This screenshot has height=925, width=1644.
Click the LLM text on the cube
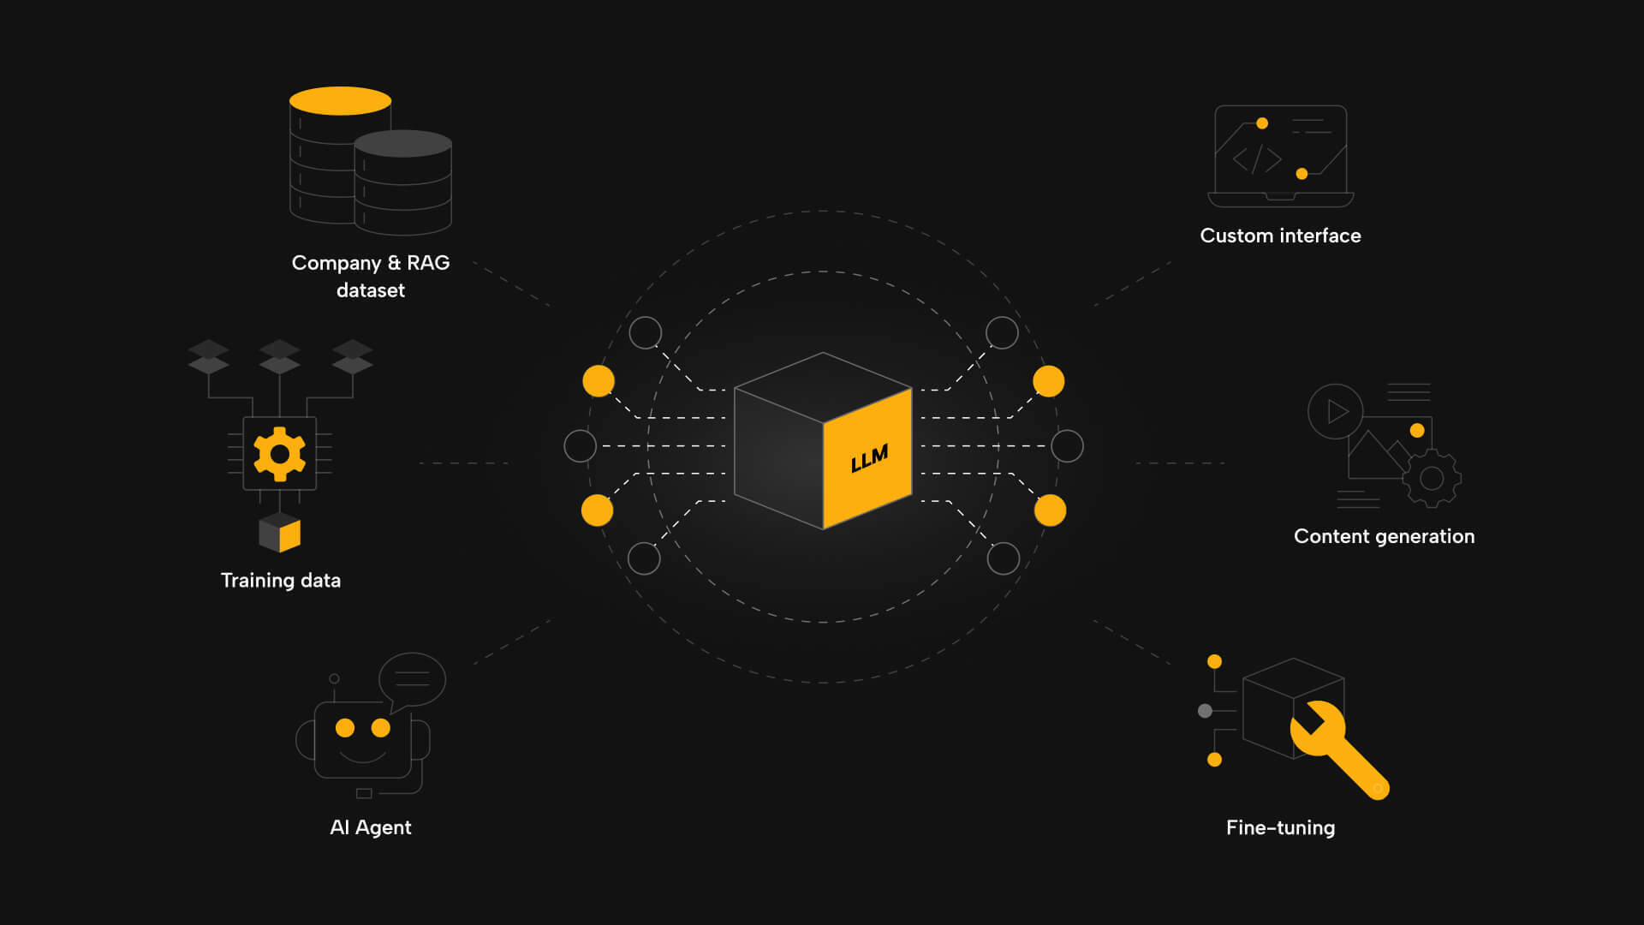[869, 459]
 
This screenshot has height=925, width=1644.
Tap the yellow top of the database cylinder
[340, 101]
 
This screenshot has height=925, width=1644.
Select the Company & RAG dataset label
[371, 276]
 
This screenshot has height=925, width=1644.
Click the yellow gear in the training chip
[279, 453]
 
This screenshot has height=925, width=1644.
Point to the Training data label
[281, 580]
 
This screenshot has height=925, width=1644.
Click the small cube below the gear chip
[280, 532]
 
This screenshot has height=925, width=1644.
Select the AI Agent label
[371, 827]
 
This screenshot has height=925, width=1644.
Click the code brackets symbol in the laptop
[1257, 159]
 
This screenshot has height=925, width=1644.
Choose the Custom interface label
[1280, 236]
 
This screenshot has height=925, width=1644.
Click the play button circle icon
[1335, 412]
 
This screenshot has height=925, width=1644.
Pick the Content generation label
[1384, 536]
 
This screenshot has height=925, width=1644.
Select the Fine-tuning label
[1280, 827]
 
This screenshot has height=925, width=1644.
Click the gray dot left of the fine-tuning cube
[1205, 711]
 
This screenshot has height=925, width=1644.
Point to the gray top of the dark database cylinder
[402, 144]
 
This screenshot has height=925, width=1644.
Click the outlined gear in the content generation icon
[1432, 478]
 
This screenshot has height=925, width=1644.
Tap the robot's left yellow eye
[345, 728]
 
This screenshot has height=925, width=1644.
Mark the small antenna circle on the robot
[334, 679]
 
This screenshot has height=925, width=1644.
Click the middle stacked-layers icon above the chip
[280, 356]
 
